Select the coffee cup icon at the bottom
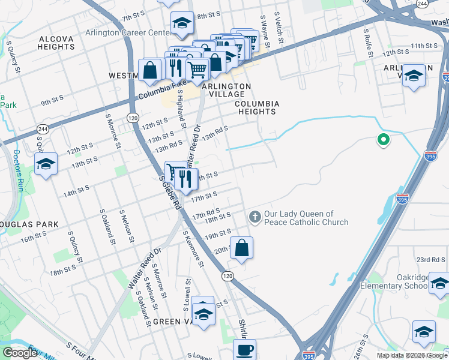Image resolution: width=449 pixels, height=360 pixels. (244, 350)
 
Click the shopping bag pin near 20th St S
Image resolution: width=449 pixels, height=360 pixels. (241, 248)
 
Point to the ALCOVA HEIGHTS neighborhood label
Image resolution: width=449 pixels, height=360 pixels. (56, 43)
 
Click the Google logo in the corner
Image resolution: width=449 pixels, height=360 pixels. (20, 353)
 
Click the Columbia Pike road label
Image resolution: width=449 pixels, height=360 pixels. (160, 94)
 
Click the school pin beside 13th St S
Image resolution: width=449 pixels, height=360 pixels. (46, 164)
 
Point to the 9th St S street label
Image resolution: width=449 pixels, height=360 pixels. (53, 103)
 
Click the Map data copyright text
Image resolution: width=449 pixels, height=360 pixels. (412, 355)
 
